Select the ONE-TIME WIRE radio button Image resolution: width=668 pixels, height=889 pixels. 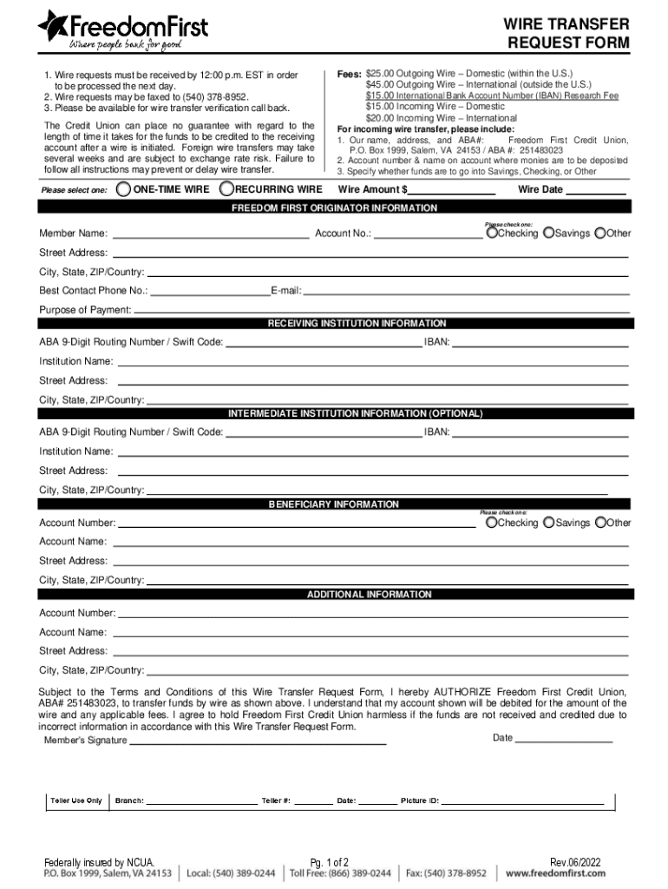pyautogui.click(x=124, y=188)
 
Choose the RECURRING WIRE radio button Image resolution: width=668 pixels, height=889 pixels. pyautogui.click(x=226, y=188)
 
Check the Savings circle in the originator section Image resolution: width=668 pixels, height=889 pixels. pyautogui.click(x=548, y=234)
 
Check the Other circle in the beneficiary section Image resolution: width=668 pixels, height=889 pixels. pyautogui.click(x=599, y=523)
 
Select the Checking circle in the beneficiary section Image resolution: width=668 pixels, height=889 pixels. pyautogui.click(x=492, y=523)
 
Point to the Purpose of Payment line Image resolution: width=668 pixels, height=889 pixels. pyautogui.click(x=382, y=310)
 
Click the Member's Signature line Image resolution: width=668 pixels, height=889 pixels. pyautogui.click(x=258, y=741)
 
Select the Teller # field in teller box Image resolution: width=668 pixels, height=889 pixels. pyautogui.click(x=313, y=800)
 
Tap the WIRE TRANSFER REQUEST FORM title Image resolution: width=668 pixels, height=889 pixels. pyautogui.click(x=567, y=33)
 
